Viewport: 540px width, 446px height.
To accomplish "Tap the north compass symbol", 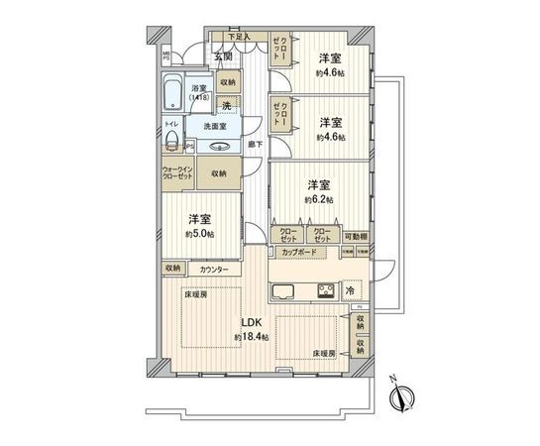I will coord(400,395).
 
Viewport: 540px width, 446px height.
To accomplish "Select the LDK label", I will coord(249,323).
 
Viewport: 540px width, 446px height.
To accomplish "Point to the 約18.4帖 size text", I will coord(251,338).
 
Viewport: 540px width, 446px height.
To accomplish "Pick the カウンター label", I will coord(213,270).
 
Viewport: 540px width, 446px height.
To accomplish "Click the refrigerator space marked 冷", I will coord(352,290).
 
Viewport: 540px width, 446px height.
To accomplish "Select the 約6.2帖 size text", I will coord(318,199).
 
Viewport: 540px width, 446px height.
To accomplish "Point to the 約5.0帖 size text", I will coord(200,234).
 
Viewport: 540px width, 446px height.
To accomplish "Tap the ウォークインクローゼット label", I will coord(178,172).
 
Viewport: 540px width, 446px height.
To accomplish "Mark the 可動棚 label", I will coord(357,236).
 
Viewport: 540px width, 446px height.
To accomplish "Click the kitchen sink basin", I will coord(284,291).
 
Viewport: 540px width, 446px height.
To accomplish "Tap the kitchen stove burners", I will coord(323,290).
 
